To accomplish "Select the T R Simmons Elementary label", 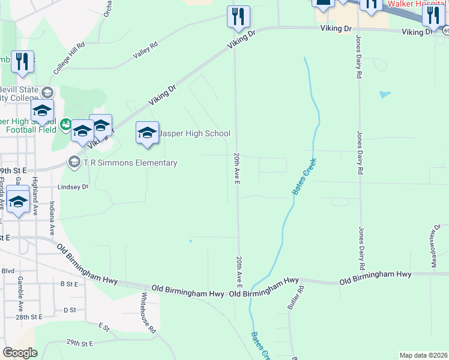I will coord(130,163).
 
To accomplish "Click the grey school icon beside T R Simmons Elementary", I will coord(74,161).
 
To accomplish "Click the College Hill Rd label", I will coord(69,58).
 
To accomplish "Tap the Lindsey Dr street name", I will coord(73,187).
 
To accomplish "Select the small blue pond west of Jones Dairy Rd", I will coord(385,95).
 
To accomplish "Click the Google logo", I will coord(20,353).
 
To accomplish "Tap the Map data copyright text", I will coord(423,355).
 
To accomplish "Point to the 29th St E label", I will coord(80,343).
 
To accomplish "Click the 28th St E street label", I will coord(29,316).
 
